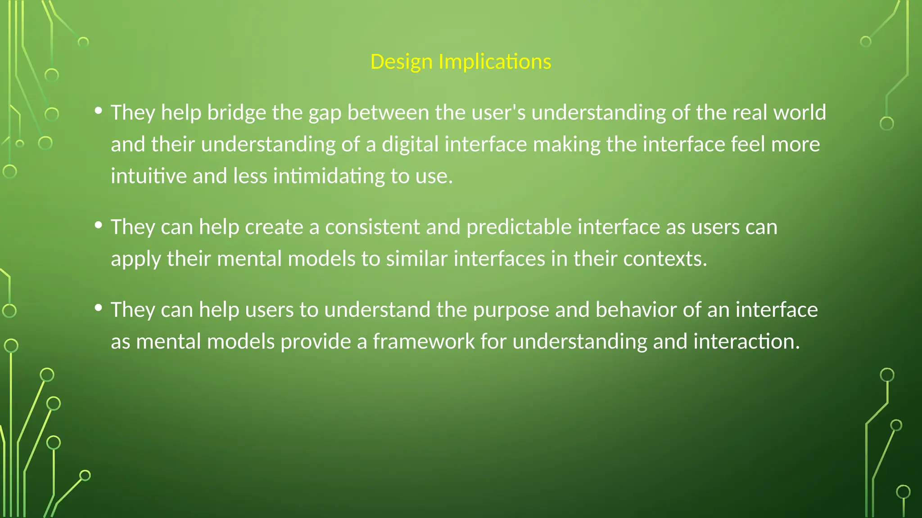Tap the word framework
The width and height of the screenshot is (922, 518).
pos(423,342)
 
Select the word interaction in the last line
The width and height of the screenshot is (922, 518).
pos(746,342)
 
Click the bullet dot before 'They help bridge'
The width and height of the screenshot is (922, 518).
pos(99,110)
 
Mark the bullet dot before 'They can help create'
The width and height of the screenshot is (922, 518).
pos(99,225)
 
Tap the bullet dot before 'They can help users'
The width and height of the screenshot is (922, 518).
pos(99,308)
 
